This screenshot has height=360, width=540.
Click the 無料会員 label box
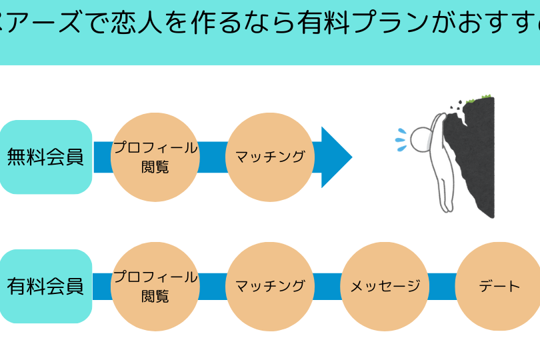tap(45, 157)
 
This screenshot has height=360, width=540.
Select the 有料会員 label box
tap(45, 287)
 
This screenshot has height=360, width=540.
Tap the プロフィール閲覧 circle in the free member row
tap(155, 157)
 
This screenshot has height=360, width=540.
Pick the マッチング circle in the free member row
tap(270, 157)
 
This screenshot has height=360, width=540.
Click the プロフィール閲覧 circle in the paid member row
tap(155, 287)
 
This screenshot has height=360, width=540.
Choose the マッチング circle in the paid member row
tap(270, 287)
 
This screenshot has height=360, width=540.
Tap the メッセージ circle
tap(385, 287)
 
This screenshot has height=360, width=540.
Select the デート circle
tap(499, 287)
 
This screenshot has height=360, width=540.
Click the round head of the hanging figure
tap(421, 139)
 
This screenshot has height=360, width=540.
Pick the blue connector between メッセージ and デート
tap(442, 287)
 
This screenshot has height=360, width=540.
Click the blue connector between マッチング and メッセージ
tap(327, 287)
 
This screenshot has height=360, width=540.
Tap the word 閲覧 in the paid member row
tap(155, 295)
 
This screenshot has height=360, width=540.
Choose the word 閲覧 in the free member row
tap(155, 166)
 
